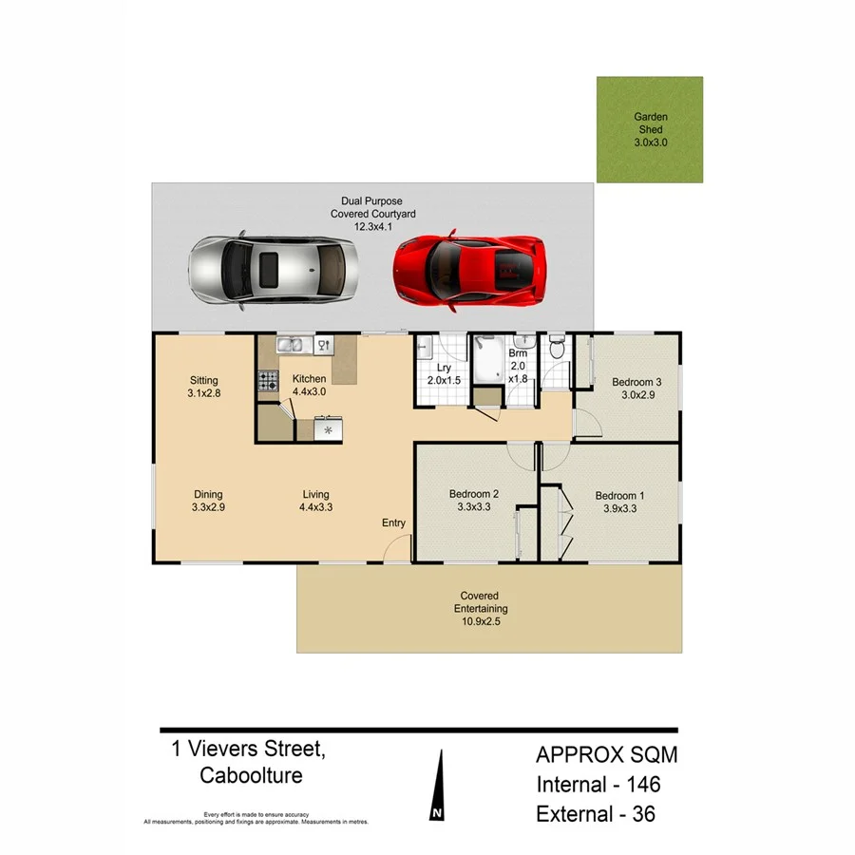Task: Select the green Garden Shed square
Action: pos(650,129)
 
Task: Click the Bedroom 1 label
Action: pos(619,502)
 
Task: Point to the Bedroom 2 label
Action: pos(474,502)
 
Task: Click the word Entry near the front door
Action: pos(393,523)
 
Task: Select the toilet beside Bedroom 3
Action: pos(558,351)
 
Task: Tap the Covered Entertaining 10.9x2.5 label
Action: pos(480,609)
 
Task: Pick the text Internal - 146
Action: pos(598,785)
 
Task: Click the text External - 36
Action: pos(596,814)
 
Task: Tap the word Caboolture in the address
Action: pos(251,775)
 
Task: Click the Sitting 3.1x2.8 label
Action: pos(204,385)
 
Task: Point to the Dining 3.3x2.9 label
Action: pos(207,501)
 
